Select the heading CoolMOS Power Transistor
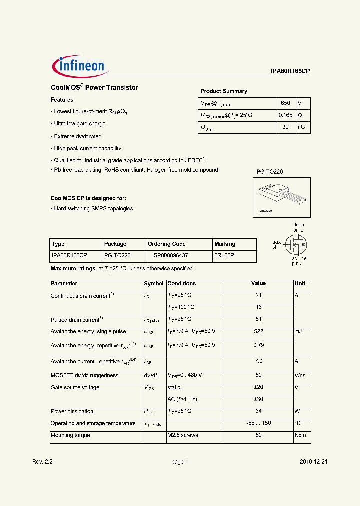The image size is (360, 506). tap(94, 87)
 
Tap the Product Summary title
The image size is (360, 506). tap(223, 91)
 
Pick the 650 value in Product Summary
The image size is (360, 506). tap(285, 103)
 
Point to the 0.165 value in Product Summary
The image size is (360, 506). tap(285, 115)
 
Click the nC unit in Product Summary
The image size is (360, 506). tap(301, 127)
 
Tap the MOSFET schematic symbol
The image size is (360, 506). tap(292, 244)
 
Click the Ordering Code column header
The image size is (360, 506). tap(166, 244)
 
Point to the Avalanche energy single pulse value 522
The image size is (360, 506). tap(258, 331)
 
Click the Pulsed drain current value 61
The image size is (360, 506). tap(258, 319)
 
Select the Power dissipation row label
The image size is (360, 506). tap(72, 412)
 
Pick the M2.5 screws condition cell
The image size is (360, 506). tap(183, 435)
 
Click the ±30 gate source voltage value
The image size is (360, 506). tap(258, 399)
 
